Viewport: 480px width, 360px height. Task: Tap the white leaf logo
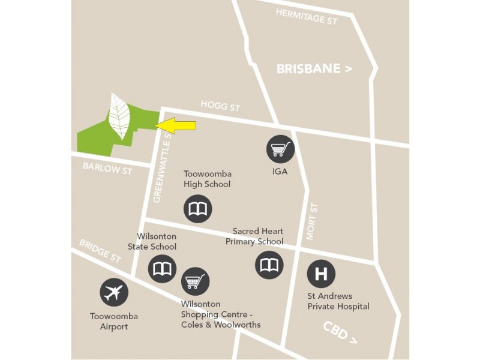(x=119, y=116)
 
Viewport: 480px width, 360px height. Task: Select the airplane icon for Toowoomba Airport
(x=114, y=293)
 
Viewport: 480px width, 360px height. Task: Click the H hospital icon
(x=321, y=274)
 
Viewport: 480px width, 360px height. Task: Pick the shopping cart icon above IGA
(x=281, y=148)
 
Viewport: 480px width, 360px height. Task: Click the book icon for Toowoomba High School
(x=197, y=209)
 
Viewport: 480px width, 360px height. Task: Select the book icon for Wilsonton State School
(x=162, y=268)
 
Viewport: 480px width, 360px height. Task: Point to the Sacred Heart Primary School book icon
(x=269, y=265)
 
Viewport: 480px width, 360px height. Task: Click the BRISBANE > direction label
(x=314, y=69)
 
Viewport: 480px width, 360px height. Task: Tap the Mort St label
(x=311, y=223)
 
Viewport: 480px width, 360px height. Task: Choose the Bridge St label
(x=101, y=251)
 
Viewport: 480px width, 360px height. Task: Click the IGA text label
(x=280, y=171)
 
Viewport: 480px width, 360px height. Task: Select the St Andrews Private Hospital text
(x=338, y=301)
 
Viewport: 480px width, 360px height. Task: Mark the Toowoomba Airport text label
(x=114, y=321)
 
